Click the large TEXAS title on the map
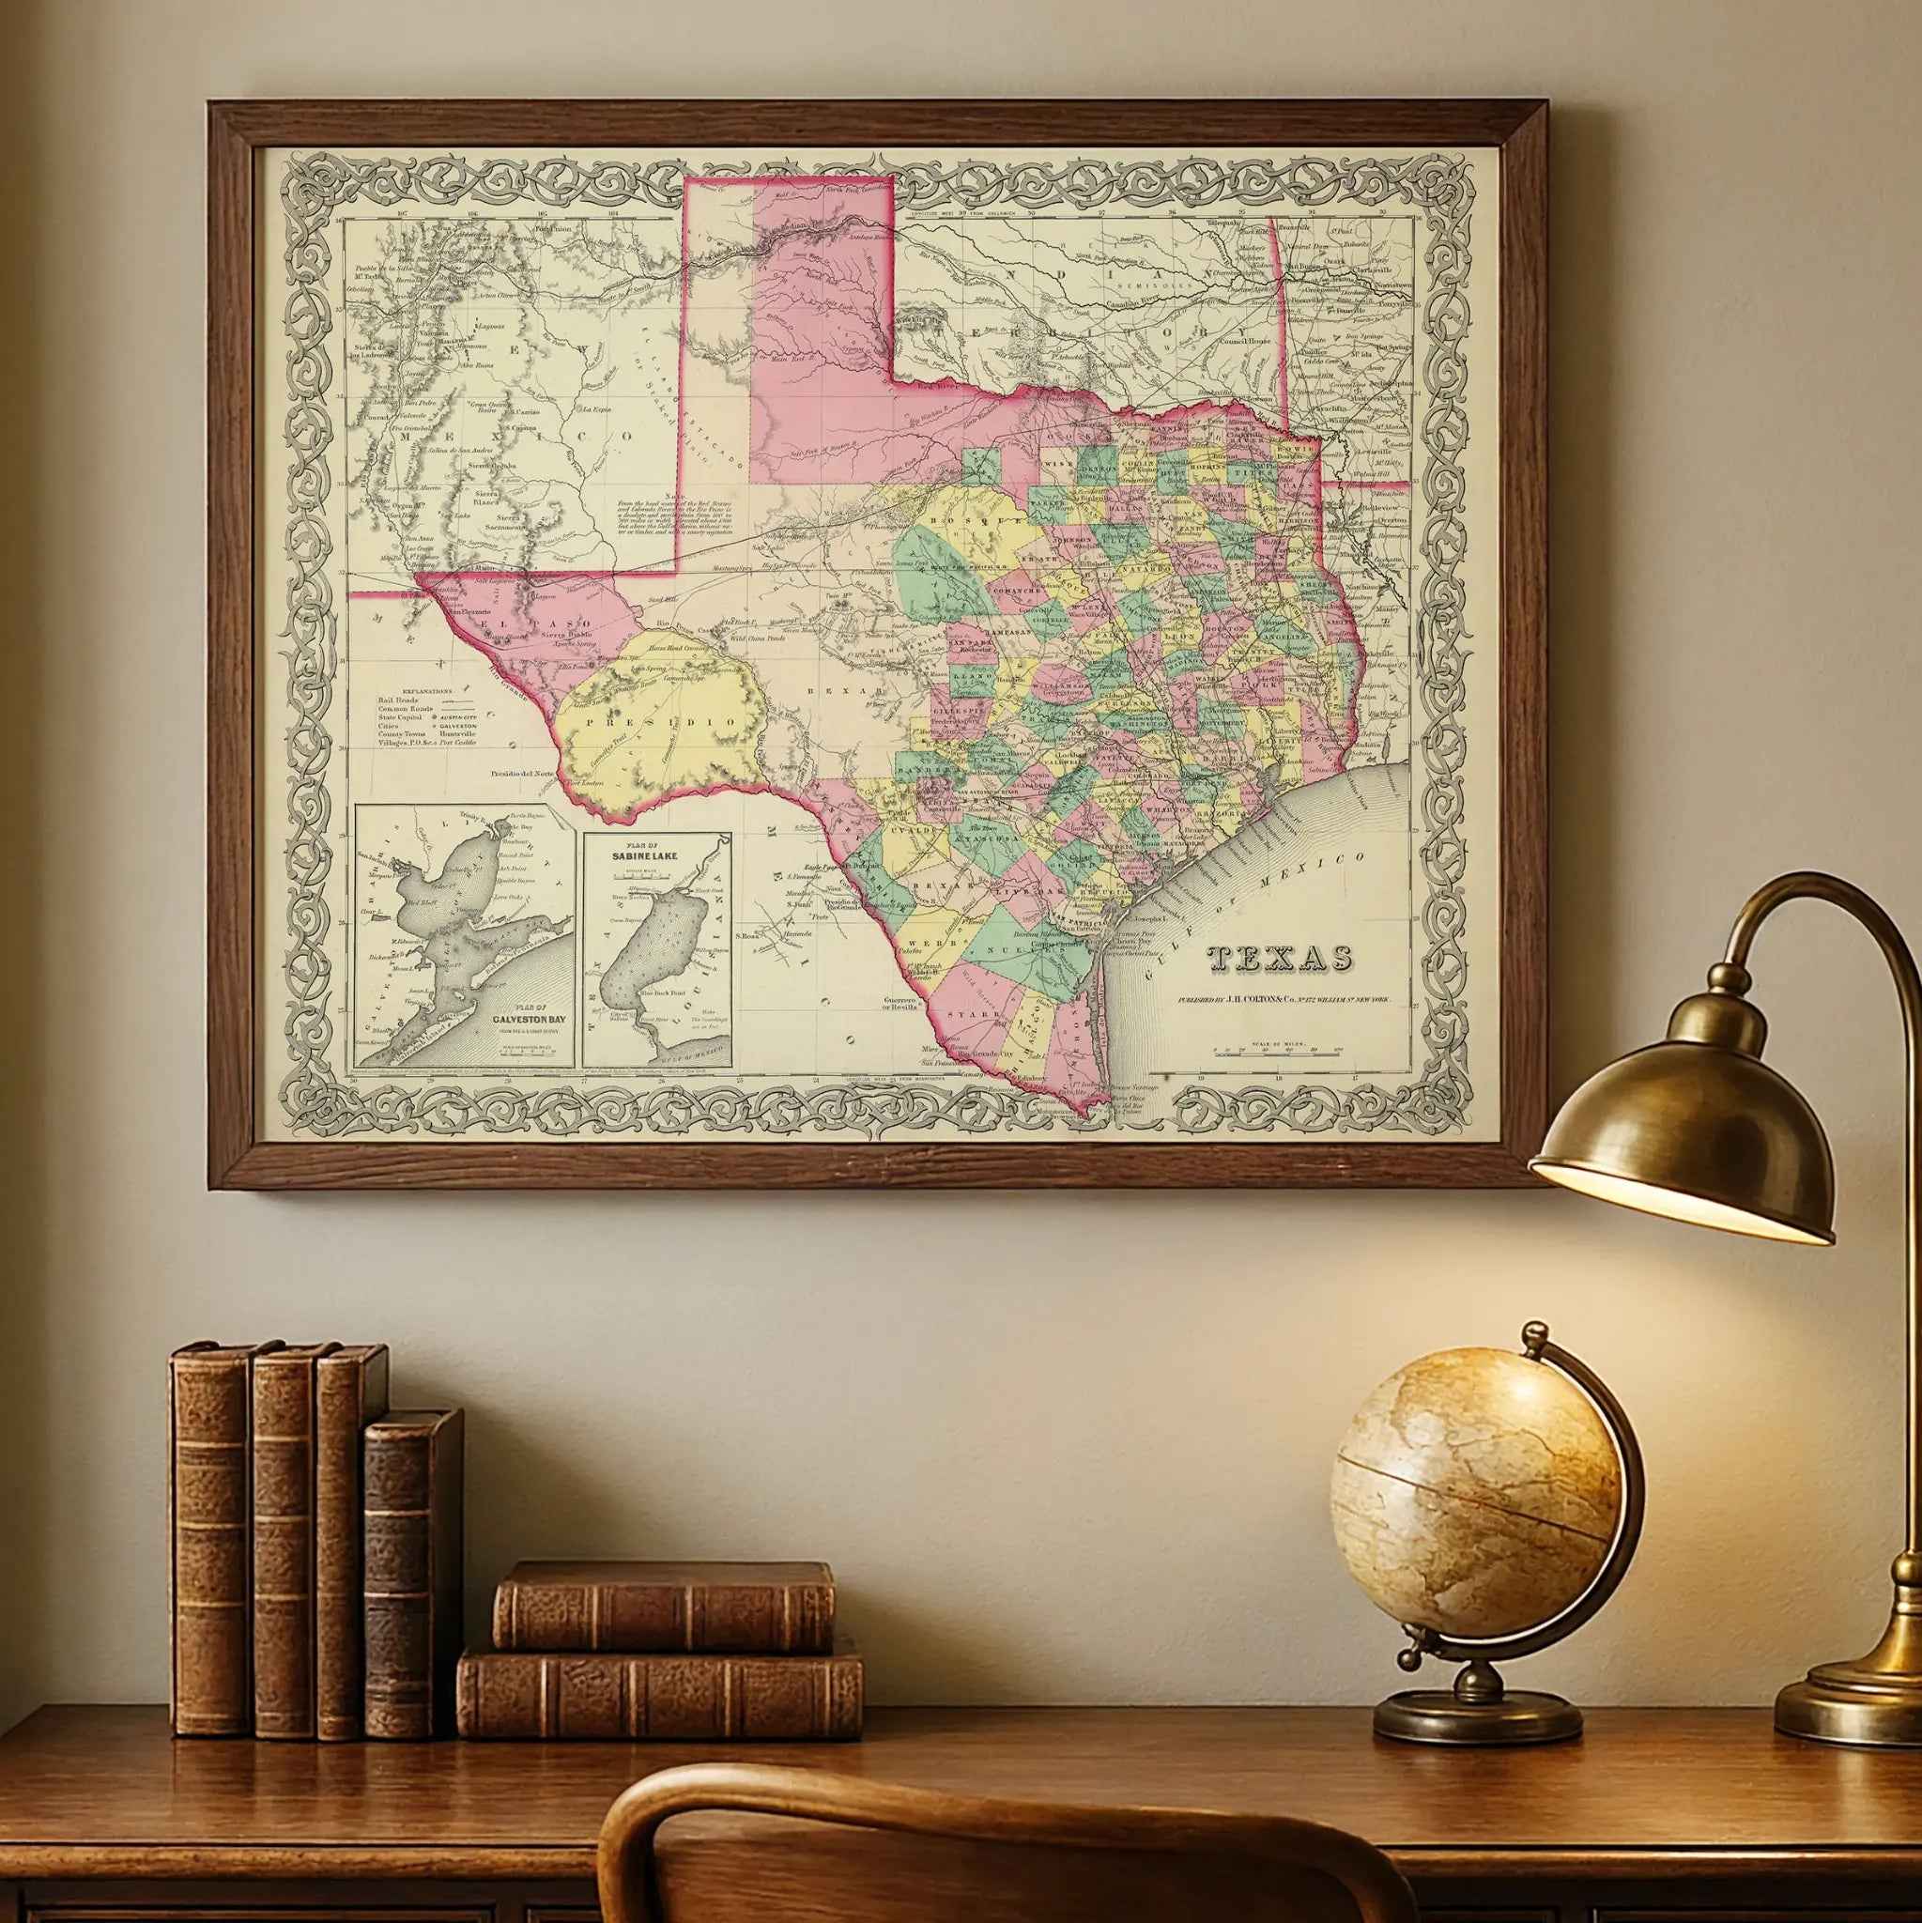[1279, 958]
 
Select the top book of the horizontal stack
[663, 1606]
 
